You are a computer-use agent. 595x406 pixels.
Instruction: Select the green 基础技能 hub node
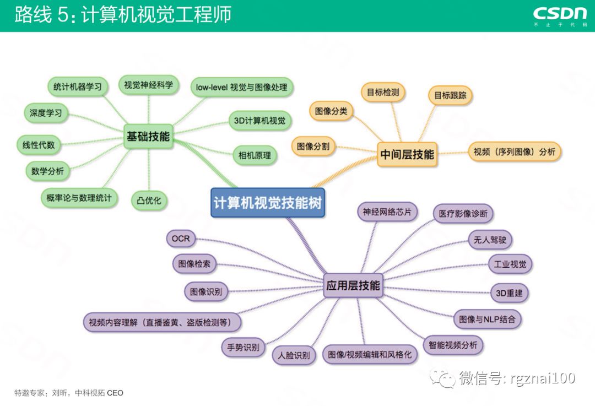coord(148,136)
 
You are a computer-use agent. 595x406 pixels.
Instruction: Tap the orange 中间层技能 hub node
coord(407,154)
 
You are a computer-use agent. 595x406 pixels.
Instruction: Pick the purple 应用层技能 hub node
coord(353,285)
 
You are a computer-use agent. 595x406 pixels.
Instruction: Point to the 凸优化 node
coord(149,201)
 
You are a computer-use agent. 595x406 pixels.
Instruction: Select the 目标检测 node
coord(383,92)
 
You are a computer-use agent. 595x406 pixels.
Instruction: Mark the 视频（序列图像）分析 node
coord(515,151)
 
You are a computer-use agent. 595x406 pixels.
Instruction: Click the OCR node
coord(181,239)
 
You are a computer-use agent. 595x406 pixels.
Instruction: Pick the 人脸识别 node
coord(295,355)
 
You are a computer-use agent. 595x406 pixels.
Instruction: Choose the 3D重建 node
coord(510,293)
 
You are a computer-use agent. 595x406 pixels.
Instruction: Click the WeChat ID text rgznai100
coord(542,378)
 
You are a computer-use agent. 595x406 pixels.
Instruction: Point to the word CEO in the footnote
coord(115,393)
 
